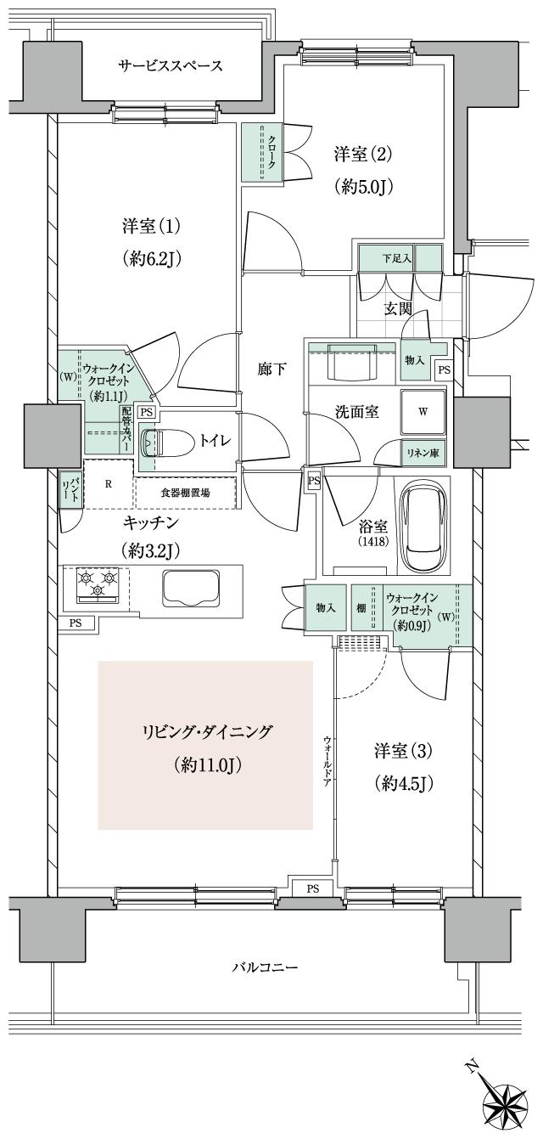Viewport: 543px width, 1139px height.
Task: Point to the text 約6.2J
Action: [x=154, y=258]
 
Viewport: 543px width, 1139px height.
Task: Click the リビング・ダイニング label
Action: [x=206, y=732]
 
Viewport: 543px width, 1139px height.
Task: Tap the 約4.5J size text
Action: [x=406, y=782]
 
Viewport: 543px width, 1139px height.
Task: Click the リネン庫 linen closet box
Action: [x=422, y=454]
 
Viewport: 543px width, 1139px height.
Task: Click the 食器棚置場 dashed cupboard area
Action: [x=185, y=493]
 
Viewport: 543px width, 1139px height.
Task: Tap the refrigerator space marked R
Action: [x=109, y=484]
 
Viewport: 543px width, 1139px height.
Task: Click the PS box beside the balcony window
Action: [x=313, y=888]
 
